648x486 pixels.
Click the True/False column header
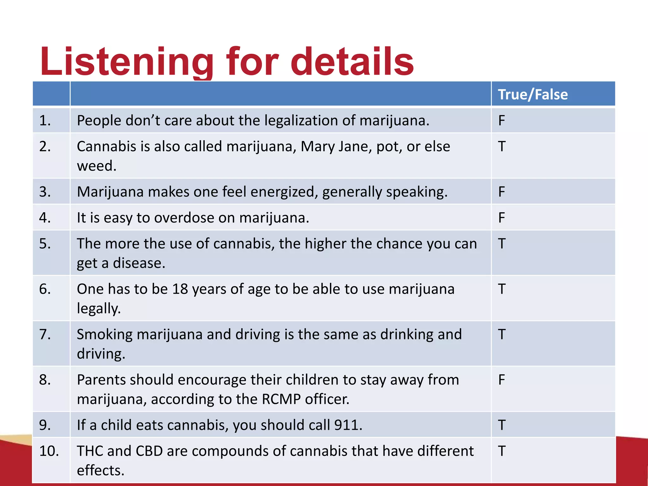[533, 95]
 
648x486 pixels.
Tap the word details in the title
[352, 62]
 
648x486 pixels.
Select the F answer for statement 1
[502, 121]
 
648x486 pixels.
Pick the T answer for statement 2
[502, 146]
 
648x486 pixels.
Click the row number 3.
[45, 192]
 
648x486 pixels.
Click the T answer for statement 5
[502, 244]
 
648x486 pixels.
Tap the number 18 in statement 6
[180, 289]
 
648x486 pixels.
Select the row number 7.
[45, 334]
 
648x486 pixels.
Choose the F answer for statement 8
[502, 380]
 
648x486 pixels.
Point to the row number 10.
[49, 451]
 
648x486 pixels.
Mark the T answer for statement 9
[502, 425]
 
